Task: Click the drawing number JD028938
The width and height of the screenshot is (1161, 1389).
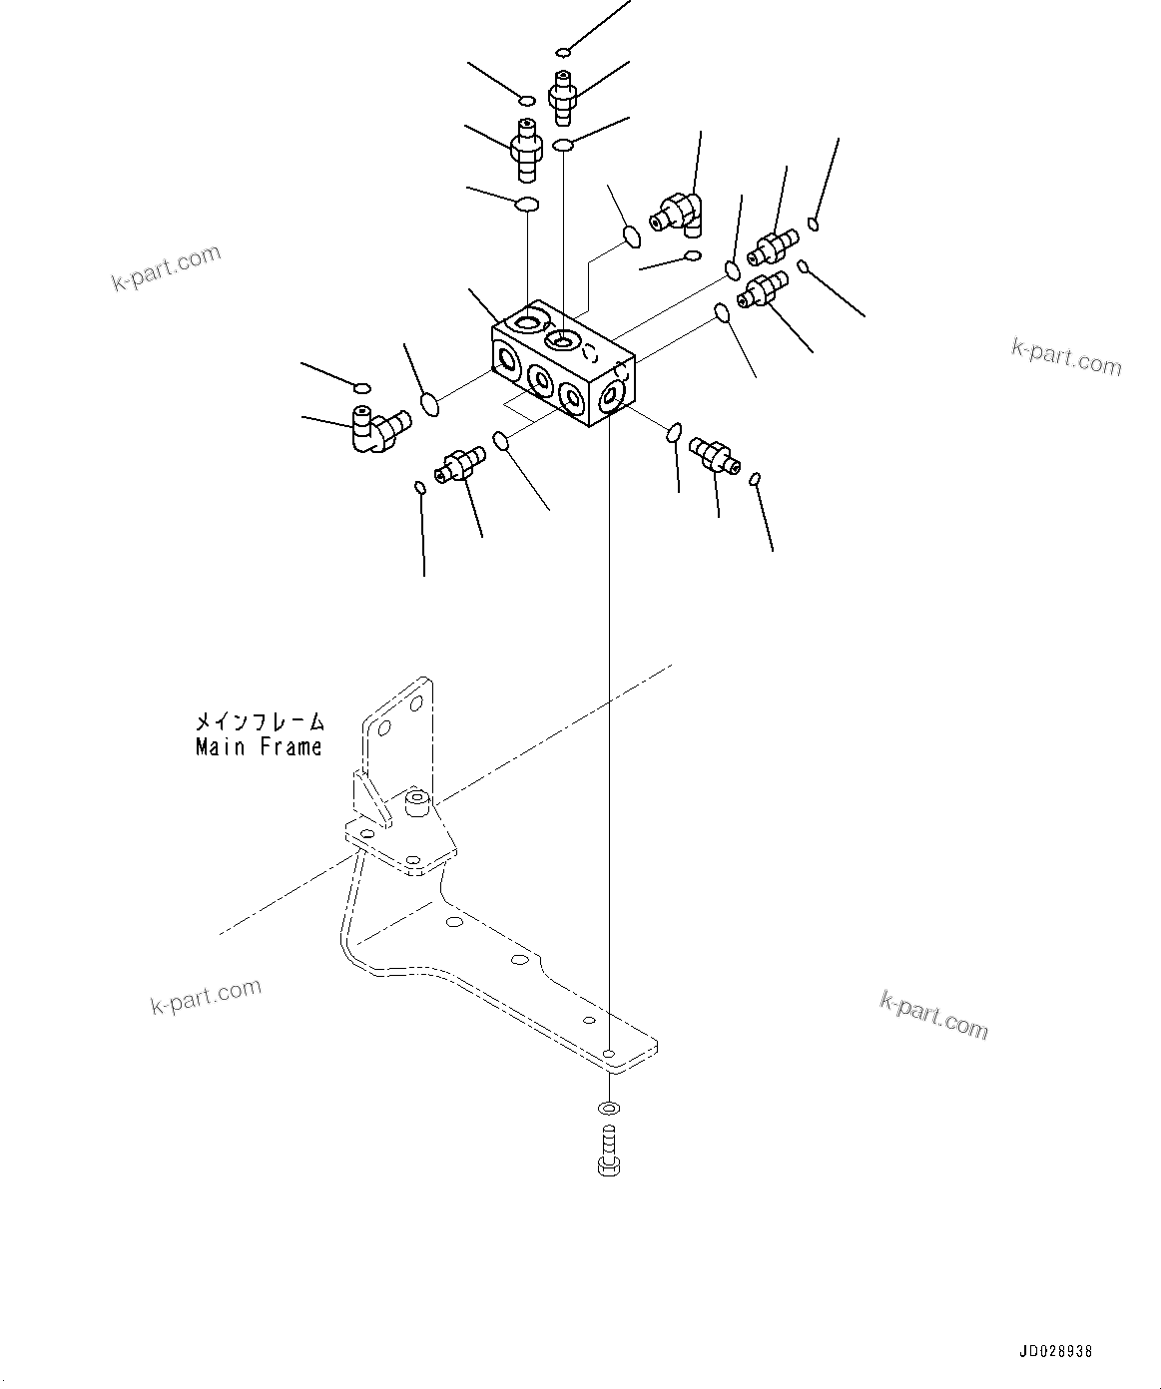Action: coord(1055,1352)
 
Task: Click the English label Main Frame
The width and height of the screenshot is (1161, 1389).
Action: coord(259,746)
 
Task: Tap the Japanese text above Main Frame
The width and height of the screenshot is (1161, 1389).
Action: coord(259,721)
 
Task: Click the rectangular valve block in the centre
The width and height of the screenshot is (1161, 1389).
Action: coord(563,365)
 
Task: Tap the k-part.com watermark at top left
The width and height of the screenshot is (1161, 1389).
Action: coord(166,267)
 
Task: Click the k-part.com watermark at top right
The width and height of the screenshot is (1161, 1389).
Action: coord(1066,356)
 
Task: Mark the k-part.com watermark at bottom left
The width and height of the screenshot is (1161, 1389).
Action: coord(206,995)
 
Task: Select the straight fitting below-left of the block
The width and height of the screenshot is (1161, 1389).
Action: coord(459,463)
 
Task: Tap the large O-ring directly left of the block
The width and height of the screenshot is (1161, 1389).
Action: coord(430,404)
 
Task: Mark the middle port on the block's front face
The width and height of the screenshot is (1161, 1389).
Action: coord(540,379)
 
